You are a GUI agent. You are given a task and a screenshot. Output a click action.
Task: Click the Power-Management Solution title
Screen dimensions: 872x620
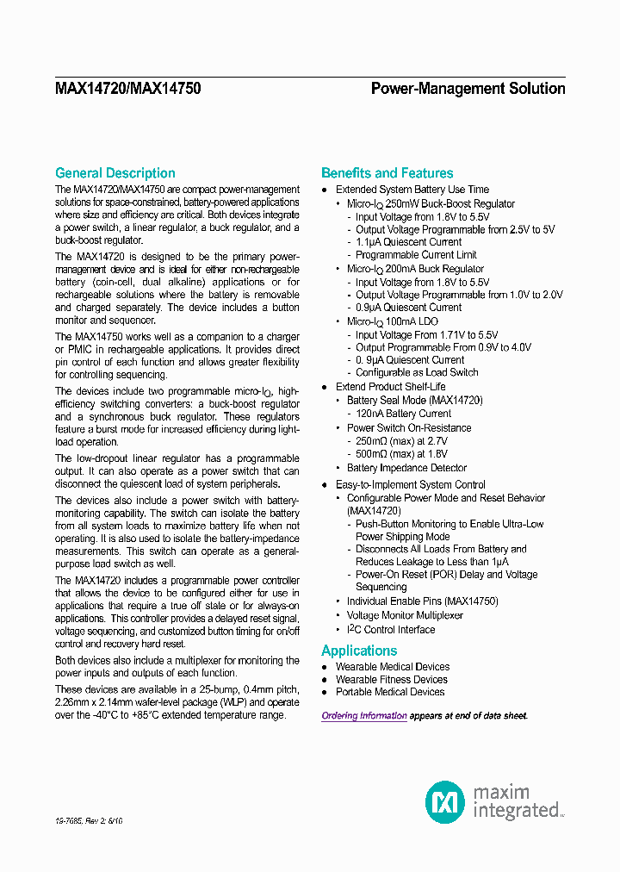click(x=468, y=89)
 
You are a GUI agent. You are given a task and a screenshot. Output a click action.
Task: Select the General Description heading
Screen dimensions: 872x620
click(x=115, y=173)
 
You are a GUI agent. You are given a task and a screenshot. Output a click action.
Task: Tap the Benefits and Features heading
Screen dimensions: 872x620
click(x=387, y=173)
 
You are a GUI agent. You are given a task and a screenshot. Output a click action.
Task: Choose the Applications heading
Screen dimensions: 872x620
click(x=359, y=651)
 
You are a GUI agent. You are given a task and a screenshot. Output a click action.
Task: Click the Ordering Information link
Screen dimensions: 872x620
click(x=364, y=716)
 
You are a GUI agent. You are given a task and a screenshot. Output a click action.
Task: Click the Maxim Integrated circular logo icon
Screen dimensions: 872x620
click(x=445, y=801)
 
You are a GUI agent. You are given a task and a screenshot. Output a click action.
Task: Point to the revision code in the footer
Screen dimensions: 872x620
click(x=89, y=822)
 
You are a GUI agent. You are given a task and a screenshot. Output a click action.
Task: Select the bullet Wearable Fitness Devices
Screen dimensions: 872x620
click(x=391, y=679)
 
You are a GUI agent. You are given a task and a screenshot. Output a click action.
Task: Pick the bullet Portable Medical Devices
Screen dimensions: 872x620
click(x=390, y=692)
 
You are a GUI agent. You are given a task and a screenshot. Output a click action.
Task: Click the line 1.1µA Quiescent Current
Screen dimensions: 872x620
click(x=409, y=242)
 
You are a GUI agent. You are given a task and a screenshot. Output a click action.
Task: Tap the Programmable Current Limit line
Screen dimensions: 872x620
click(x=416, y=255)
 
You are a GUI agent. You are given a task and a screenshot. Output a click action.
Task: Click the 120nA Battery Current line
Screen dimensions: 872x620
click(x=404, y=414)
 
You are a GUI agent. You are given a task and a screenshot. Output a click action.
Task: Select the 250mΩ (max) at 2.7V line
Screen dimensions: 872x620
click(x=401, y=441)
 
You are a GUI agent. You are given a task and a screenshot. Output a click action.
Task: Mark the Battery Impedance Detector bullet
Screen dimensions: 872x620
click(x=406, y=468)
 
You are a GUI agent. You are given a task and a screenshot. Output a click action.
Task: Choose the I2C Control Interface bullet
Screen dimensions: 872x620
click(x=391, y=630)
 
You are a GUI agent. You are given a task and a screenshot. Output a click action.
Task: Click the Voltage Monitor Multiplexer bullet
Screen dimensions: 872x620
click(x=405, y=615)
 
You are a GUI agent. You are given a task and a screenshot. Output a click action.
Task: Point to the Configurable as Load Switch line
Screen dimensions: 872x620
click(x=417, y=372)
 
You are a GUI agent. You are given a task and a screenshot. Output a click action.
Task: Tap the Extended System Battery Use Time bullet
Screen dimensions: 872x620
click(x=412, y=190)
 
